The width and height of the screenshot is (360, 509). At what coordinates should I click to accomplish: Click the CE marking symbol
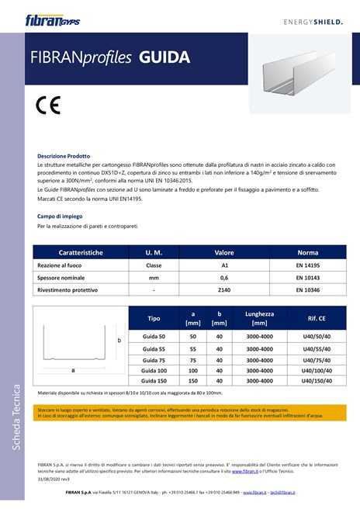pyautogui.click(x=48, y=105)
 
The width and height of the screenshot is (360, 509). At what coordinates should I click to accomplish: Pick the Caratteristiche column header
pyautogui.click(x=80, y=253)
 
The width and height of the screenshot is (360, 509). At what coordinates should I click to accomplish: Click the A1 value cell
pyautogui.click(x=224, y=265)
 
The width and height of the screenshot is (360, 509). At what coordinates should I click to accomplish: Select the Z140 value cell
pyautogui.click(x=224, y=289)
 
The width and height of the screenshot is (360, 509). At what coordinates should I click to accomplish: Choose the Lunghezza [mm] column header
pyautogui.click(x=259, y=318)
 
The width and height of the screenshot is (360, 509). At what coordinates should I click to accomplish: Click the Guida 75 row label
pyautogui.click(x=154, y=359)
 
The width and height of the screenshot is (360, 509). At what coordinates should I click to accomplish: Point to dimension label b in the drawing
pyautogui.click(x=119, y=341)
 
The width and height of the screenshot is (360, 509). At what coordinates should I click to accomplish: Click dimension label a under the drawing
pyautogui.click(x=73, y=370)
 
